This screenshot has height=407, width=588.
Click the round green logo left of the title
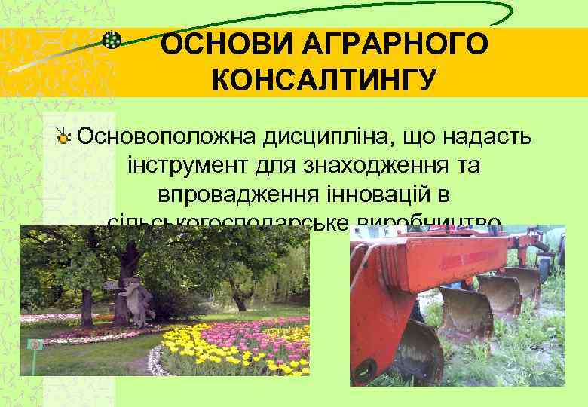(x=112, y=41)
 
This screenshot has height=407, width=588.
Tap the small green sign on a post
(x=34, y=344)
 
